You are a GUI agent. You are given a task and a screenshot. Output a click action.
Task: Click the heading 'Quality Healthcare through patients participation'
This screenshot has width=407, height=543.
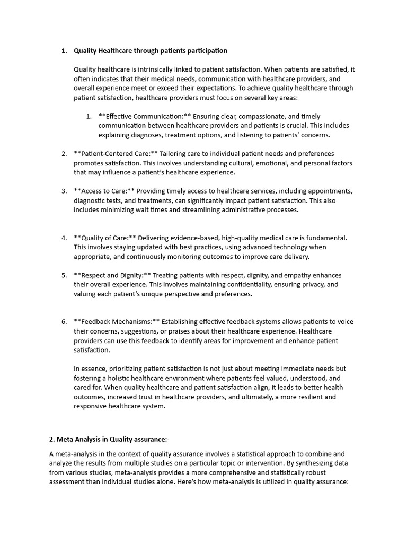[x=151, y=51]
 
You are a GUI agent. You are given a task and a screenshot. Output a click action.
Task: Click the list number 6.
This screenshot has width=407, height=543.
[x=64, y=322]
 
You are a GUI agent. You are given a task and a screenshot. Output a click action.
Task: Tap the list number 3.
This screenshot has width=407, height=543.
[x=64, y=191]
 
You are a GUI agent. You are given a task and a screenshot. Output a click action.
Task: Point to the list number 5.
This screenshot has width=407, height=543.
[x=64, y=275]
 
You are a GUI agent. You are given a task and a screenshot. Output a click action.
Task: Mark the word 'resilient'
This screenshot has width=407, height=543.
[x=308, y=397]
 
